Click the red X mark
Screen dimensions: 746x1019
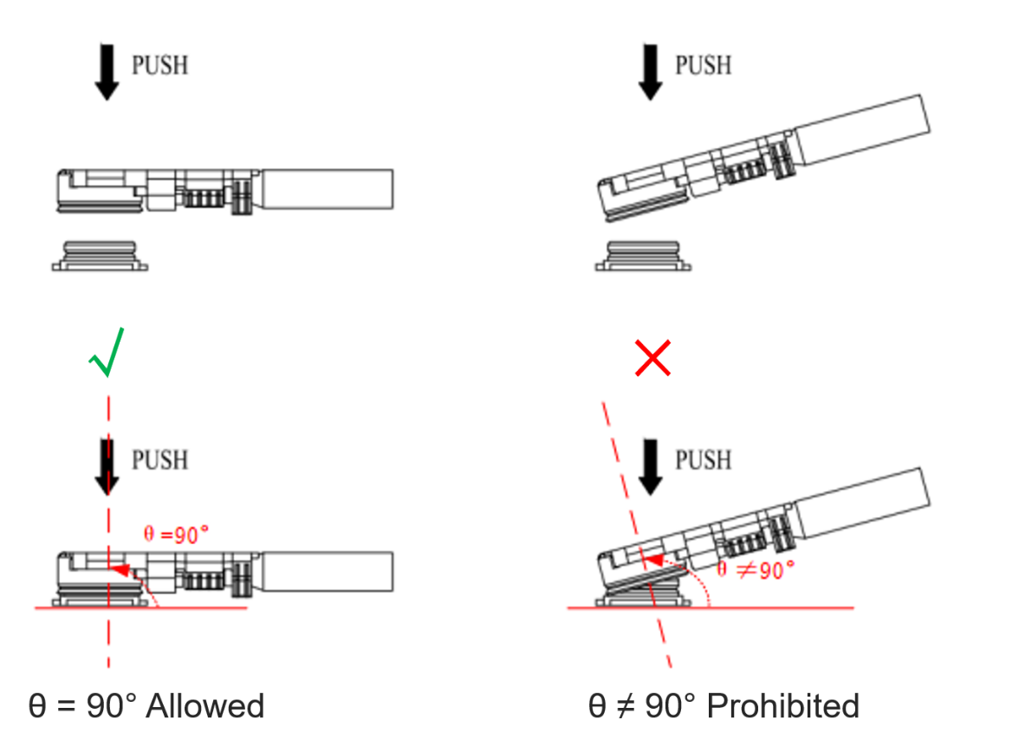click(652, 359)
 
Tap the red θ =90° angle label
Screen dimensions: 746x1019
click(176, 535)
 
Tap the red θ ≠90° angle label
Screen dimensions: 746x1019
click(756, 569)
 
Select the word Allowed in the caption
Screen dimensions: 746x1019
click(205, 706)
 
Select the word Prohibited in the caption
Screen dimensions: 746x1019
click(783, 706)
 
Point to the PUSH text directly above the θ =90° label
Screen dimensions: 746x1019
click(159, 459)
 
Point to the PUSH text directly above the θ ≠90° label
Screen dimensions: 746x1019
click(703, 459)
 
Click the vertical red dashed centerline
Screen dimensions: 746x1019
click(108, 641)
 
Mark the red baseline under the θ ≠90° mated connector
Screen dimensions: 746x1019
click(780, 608)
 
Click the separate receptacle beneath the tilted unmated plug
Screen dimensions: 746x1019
click(643, 256)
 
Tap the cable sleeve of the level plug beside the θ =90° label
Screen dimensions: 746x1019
click(328, 572)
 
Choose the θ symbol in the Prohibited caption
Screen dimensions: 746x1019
click(597, 706)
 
